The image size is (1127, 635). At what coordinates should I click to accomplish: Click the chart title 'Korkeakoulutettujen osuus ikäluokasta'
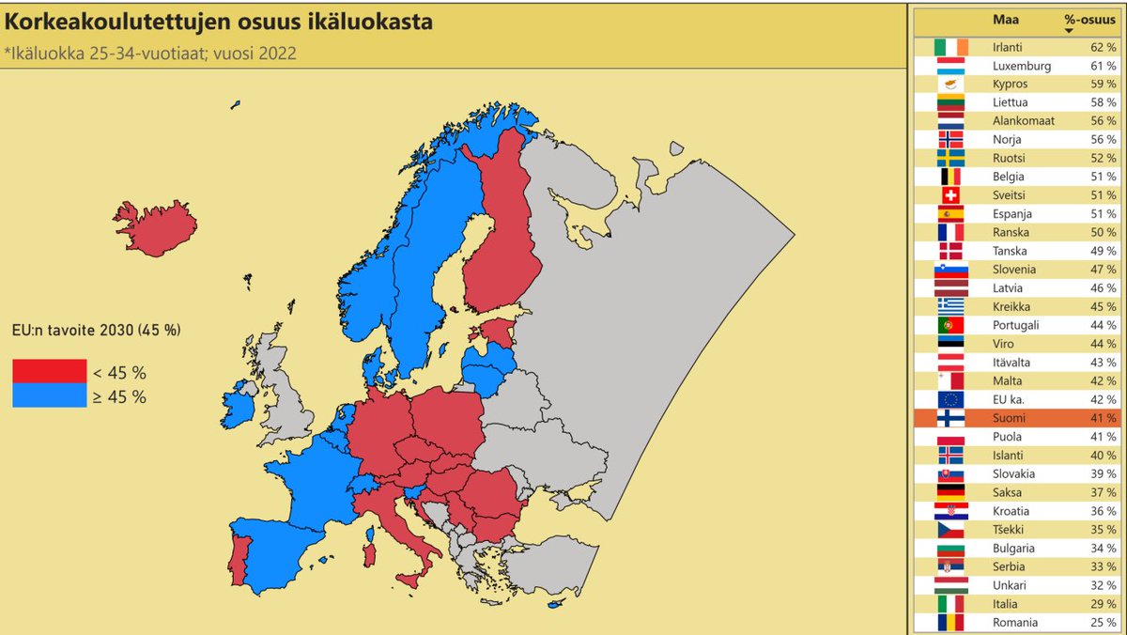(220, 22)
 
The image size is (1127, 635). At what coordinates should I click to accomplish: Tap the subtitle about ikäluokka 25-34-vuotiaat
(151, 53)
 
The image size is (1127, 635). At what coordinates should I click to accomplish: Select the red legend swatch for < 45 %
(49, 371)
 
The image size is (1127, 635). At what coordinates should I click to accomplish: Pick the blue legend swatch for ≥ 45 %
(49, 395)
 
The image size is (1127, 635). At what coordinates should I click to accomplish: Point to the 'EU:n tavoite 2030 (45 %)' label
(97, 330)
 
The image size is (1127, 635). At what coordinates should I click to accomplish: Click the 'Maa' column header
(1005, 19)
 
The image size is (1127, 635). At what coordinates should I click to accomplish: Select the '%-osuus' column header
(1082, 19)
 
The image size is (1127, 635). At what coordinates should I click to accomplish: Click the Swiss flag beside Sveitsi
(950, 194)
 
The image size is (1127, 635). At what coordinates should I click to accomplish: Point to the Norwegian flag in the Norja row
(950, 139)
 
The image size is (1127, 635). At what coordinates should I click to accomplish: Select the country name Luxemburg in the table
(1021, 65)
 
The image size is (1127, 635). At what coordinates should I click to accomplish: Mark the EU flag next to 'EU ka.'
(950, 399)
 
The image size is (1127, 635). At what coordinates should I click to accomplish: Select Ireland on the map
(237, 407)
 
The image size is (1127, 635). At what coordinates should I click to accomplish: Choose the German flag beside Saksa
(950, 492)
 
